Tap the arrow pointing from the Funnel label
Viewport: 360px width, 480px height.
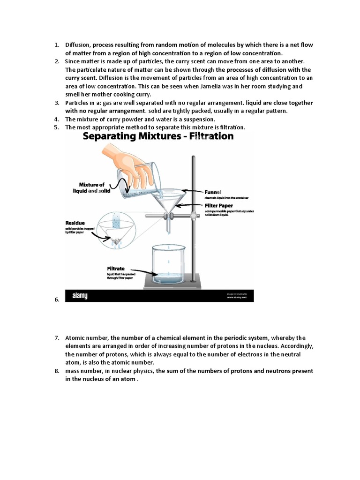[192, 191]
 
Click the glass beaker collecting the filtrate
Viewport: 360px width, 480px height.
[169, 265]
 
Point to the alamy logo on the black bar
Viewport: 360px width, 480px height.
[80, 296]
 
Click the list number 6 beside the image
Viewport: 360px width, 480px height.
[56, 300]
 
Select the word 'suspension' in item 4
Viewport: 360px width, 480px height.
[183, 119]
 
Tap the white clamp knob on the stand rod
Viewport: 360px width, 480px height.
[193, 216]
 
